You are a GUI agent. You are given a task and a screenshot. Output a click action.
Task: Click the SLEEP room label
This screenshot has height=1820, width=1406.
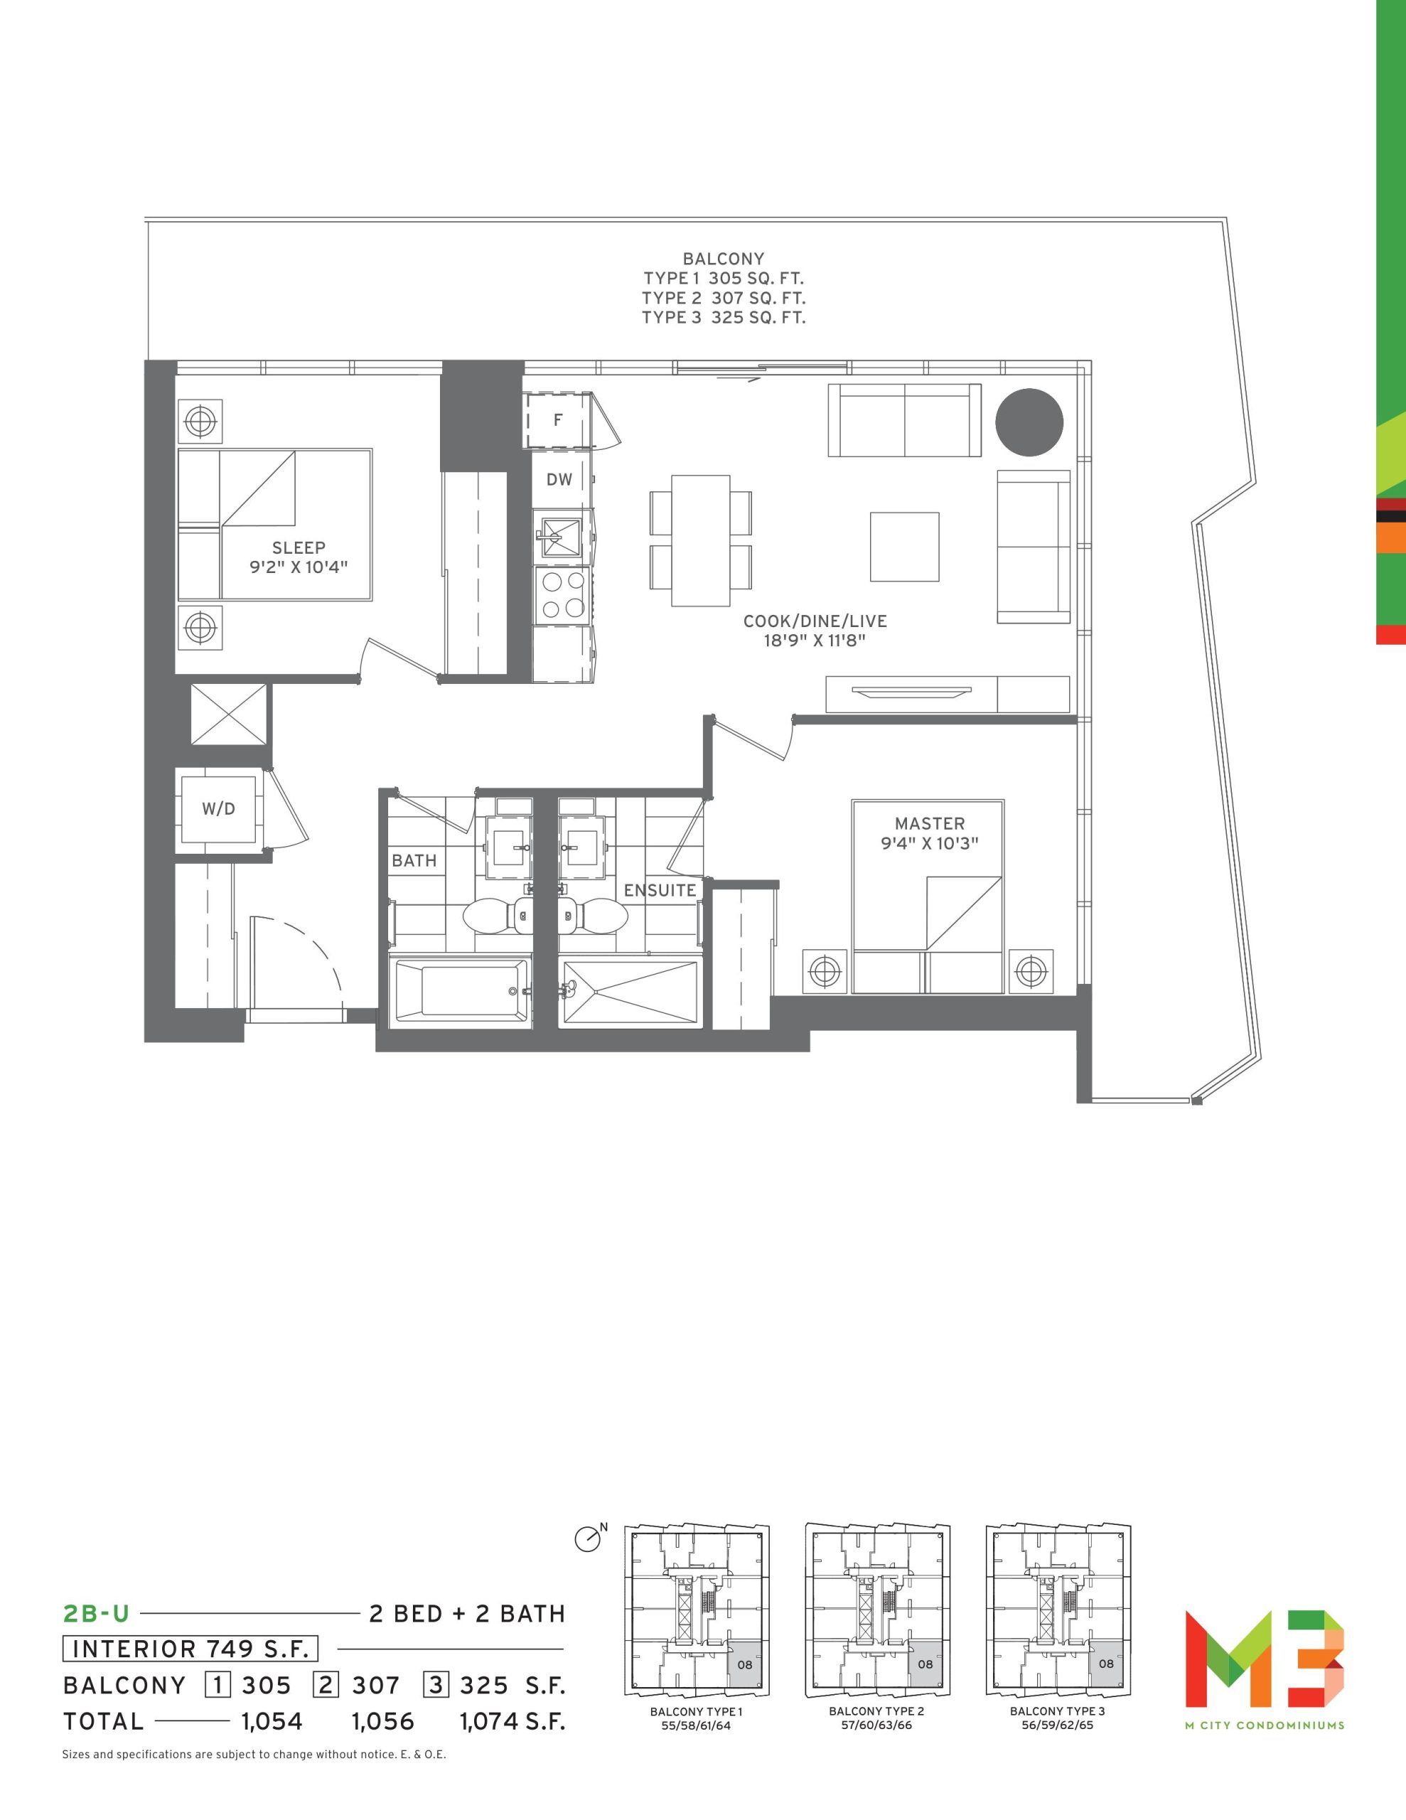[x=299, y=547]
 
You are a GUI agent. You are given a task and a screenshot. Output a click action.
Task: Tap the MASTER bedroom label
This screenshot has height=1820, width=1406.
[x=929, y=823]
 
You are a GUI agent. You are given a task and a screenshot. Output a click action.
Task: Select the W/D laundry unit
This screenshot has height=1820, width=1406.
[x=218, y=808]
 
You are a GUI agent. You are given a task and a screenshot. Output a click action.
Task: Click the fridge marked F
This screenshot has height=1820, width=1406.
[x=557, y=420]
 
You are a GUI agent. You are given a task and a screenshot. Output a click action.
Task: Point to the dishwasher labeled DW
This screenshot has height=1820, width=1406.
[x=560, y=479]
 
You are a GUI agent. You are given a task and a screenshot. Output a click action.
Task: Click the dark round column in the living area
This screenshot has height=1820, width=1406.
[x=1029, y=422]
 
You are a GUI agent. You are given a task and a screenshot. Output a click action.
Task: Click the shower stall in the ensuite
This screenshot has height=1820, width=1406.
[x=629, y=992]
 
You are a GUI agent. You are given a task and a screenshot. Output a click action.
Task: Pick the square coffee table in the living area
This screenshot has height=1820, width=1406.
[x=904, y=547]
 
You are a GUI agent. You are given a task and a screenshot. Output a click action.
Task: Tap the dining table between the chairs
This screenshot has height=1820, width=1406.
[x=701, y=541]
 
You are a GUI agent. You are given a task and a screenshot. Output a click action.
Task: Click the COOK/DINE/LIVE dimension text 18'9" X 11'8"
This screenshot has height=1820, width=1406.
[x=815, y=641]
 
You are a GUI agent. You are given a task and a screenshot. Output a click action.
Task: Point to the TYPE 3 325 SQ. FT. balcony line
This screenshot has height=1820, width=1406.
[x=724, y=318]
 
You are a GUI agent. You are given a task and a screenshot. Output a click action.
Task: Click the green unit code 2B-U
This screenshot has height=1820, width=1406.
[x=97, y=1614]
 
